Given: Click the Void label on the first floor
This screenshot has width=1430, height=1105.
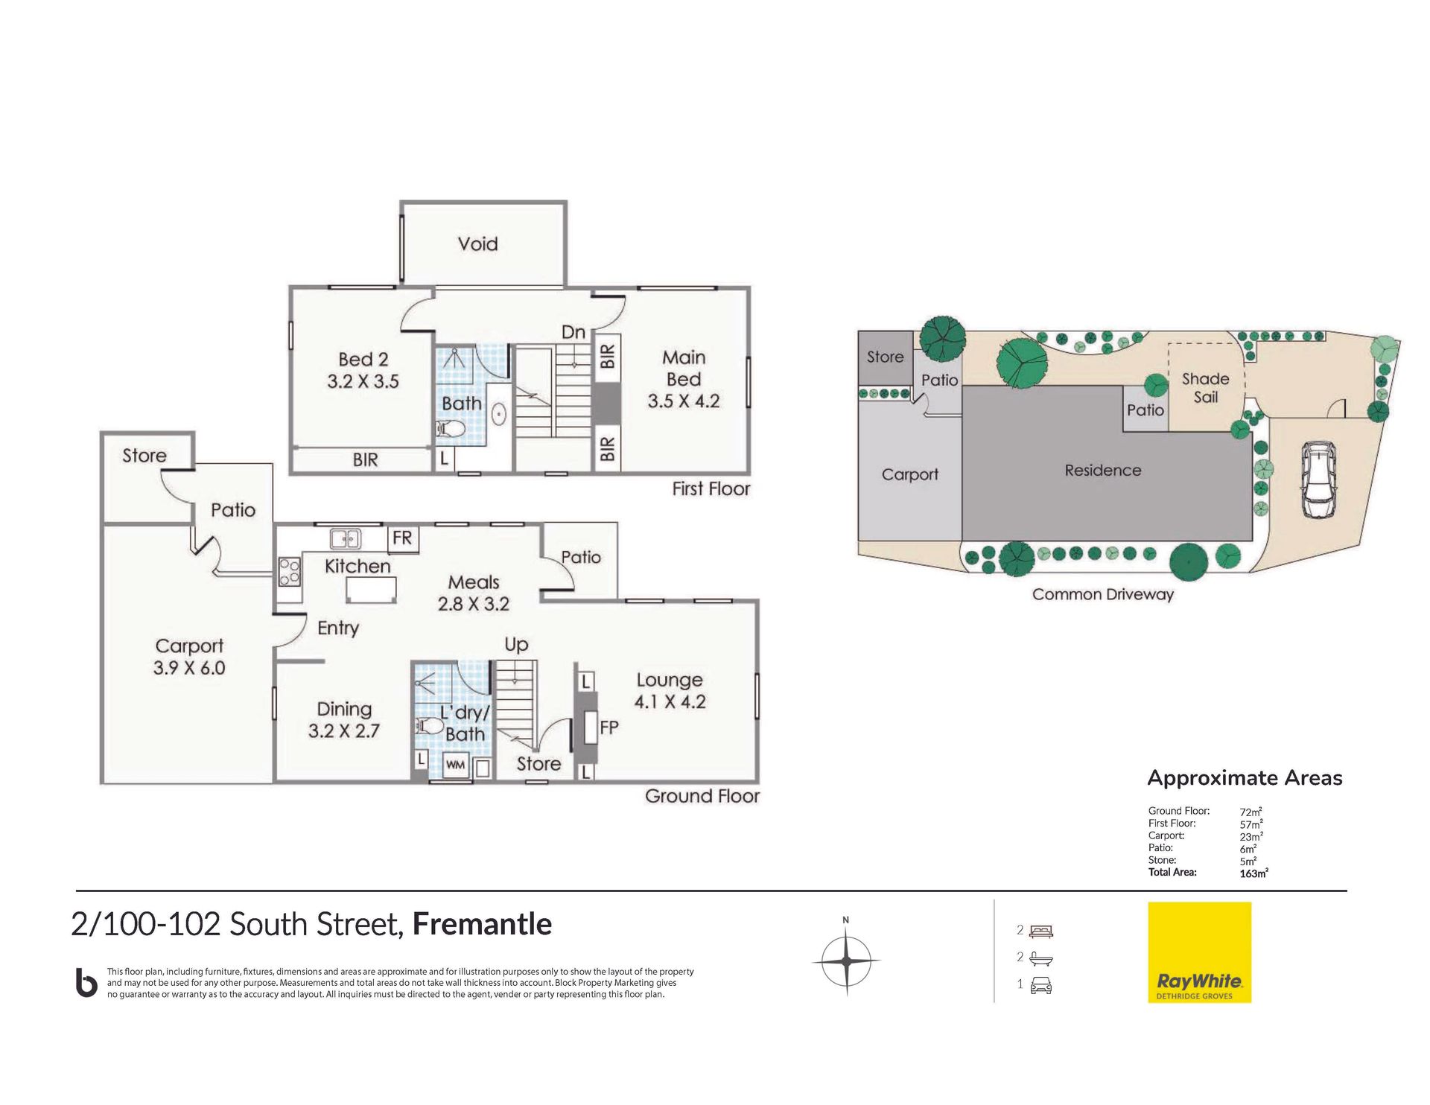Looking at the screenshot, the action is [477, 243].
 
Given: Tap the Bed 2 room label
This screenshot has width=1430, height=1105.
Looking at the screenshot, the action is [363, 360].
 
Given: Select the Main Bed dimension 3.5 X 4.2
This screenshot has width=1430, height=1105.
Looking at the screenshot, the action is [684, 401].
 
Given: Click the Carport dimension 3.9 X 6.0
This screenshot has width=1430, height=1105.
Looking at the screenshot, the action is [189, 668].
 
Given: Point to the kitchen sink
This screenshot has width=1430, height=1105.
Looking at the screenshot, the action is [346, 538].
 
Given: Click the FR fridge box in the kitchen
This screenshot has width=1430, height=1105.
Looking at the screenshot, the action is [402, 538].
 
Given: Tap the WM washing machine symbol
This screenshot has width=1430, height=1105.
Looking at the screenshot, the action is [455, 765].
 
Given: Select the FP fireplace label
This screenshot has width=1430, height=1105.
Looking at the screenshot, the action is [609, 727].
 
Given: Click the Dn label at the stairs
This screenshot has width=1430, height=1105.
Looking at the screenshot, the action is [573, 332].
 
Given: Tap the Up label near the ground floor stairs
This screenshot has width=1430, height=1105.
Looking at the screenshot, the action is [516, 645].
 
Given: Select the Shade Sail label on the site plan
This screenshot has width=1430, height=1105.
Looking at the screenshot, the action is [1206, 388].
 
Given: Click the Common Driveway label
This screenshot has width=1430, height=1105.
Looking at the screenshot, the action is [1103, 594].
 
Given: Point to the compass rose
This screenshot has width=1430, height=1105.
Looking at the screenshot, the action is [846, 960].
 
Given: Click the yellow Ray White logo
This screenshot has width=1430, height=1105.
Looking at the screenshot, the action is [1200, 952].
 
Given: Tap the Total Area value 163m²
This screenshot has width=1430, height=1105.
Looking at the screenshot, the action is [1253, 873].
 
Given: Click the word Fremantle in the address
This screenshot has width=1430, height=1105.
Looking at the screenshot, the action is [483, 924].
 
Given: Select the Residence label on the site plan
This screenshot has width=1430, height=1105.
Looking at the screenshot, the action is [1103, 471].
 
